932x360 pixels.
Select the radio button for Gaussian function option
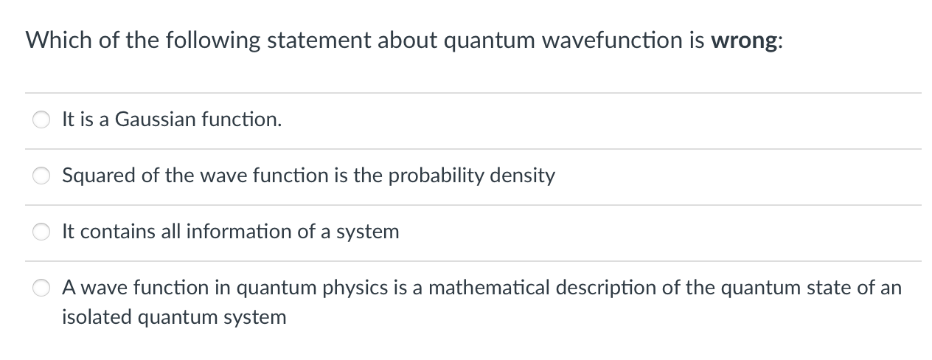point(41,120)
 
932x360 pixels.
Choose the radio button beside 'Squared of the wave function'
point(41,176)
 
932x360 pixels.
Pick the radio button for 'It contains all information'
point(41,232)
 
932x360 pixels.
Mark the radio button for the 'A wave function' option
point(41,288)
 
